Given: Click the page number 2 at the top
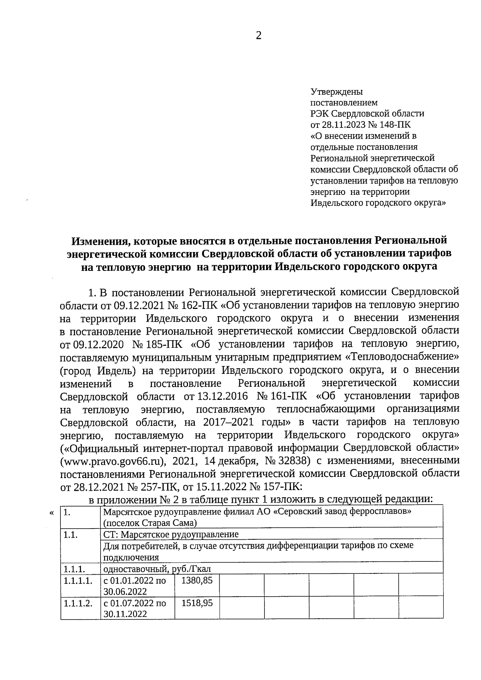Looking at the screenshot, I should click(x=259, y=36).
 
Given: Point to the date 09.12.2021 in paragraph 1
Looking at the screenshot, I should click(x=139, y=306).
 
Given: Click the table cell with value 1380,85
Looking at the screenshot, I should click(x=197, y=580).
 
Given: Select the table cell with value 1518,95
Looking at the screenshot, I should click(x=197, y=603).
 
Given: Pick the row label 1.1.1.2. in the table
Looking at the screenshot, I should click(x=78, y=603).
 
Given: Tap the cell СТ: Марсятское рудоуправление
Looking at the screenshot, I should click(x=171, y=534).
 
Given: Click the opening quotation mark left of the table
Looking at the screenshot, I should click(x=51, y=513).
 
